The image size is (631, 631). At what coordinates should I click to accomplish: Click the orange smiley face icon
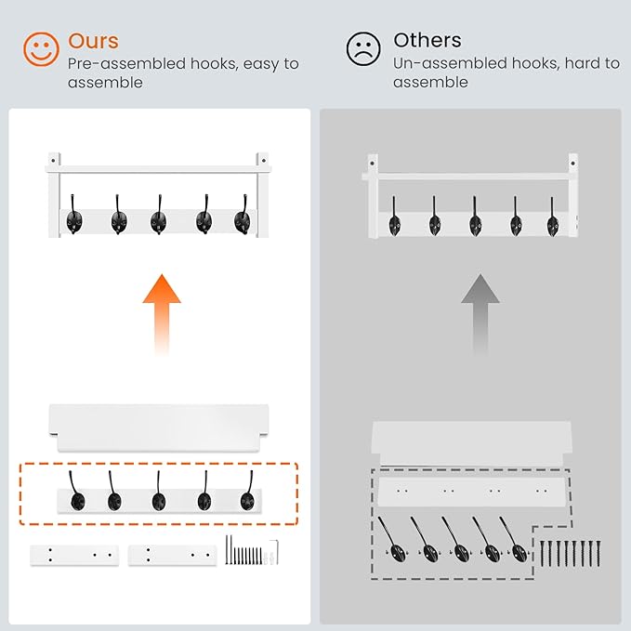pyautogui.click(x=41, y=49)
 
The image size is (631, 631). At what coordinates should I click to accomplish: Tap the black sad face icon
pyautogui.click(x=363, y=48)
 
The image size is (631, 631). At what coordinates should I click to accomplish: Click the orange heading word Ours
pyautogui.click(x=93, y=41)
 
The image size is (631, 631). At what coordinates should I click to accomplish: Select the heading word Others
pyautogui.click(x=427, y=40)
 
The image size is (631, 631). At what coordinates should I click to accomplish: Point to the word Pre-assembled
pyautogui.click(x=126, y=64)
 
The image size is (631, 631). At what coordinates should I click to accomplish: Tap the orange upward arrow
pyautogui.click(x=162, y=315)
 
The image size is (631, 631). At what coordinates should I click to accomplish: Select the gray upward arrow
pyautogui.click(x=480, y=315)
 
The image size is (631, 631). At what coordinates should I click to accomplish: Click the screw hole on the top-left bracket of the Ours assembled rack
pyautogui.click(x=53, y=161)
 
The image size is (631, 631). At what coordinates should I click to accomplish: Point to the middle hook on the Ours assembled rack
pyautogui.click(x=158, y=217)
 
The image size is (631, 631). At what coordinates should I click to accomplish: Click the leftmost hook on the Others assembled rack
pyautogui.click(x=394, y=218)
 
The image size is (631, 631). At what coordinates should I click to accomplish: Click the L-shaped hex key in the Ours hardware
pyautogui.click(x=275, y=552)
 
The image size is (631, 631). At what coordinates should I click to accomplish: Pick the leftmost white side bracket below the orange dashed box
pyautogui.click(x=74, y=556)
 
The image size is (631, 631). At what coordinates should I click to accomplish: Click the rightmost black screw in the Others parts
pyautogui.click(x=598, y=553)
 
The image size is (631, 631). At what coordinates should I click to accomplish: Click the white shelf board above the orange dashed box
pyautogui.click(x=159, y=427)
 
